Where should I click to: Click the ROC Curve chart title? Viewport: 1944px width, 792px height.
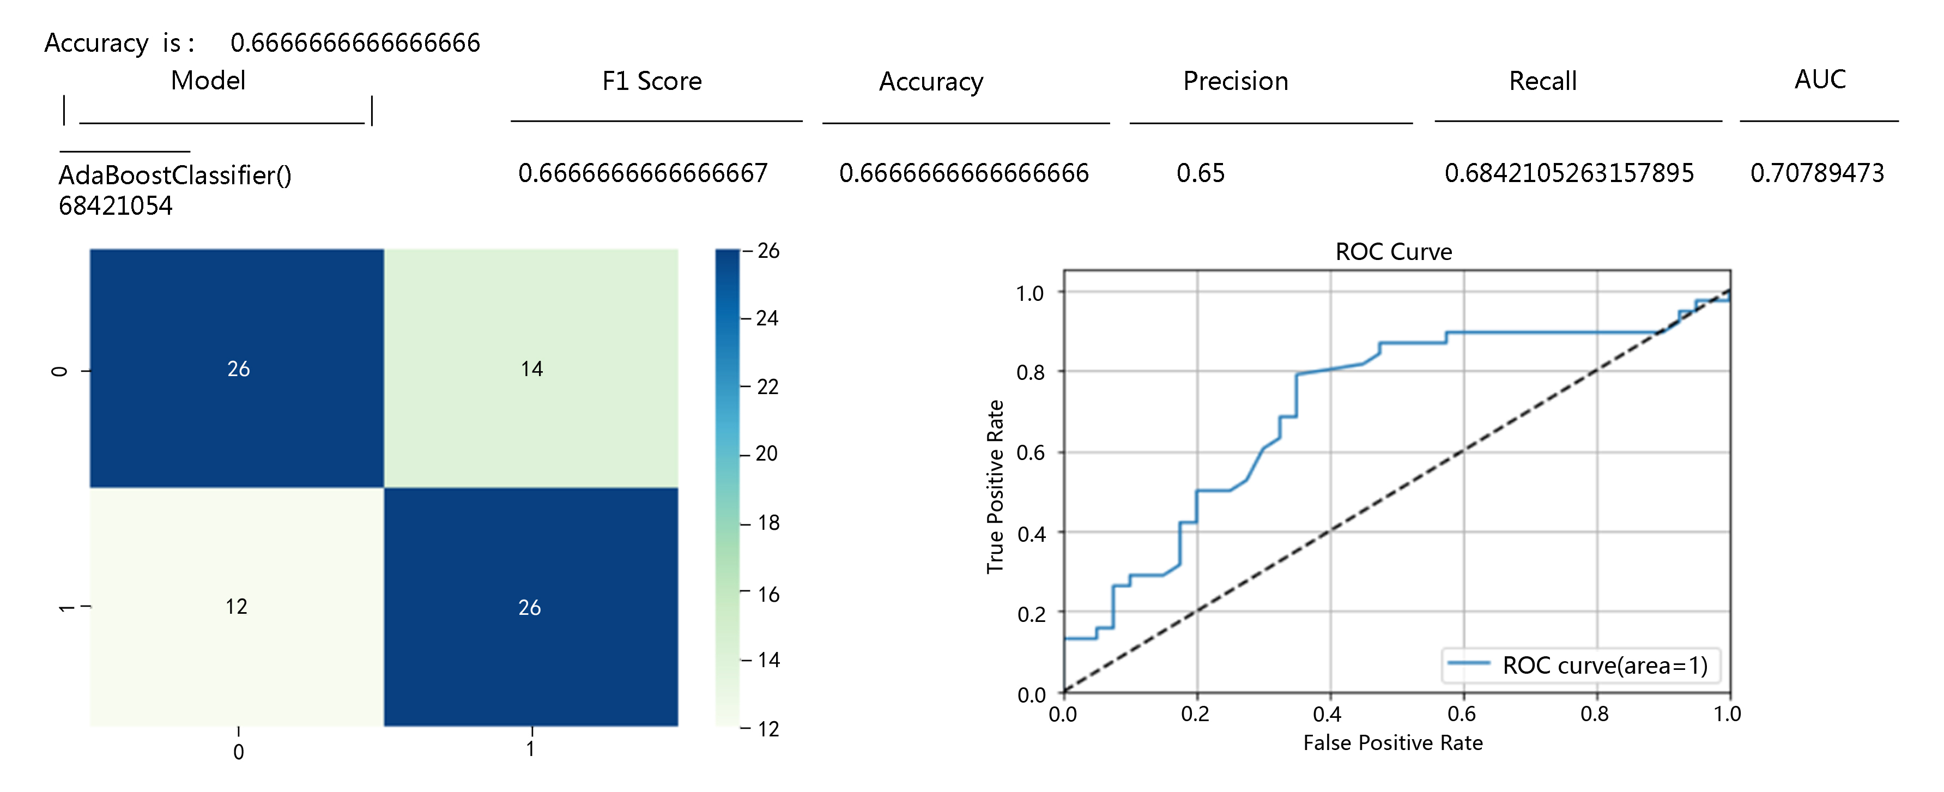(1393, 251)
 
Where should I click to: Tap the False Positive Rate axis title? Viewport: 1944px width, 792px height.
(1392, 743)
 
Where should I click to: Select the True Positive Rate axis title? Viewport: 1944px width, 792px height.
(995, 486)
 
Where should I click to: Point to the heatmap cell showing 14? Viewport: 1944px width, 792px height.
(531, 368)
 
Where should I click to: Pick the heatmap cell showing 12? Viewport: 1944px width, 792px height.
(236, 606)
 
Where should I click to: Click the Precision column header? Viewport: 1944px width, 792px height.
(1236, 81)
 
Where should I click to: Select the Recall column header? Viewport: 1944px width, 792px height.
(1542, 81)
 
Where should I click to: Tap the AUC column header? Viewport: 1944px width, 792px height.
(1820, 79)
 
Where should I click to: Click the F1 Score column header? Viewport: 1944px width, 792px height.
(652, 81)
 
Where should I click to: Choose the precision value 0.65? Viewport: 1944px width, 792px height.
(1200, 173)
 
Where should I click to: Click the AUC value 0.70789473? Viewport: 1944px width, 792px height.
(1817, 173)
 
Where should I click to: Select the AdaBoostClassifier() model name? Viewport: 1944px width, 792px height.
(175, 175)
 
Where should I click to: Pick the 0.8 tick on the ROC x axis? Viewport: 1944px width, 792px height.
(1595, 714)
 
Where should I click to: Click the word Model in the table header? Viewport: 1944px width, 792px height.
(208, 80)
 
